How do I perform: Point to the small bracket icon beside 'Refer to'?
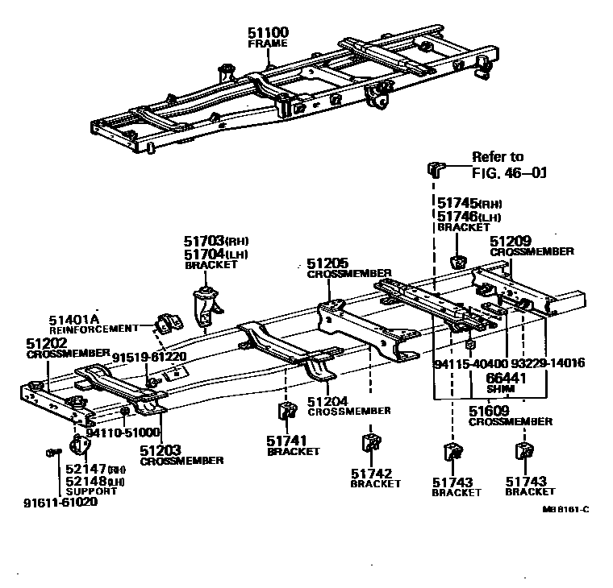tap(435, 168)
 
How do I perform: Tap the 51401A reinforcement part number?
tap(73, 319)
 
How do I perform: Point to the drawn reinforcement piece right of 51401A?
tap(167, 325)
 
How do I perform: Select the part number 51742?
tap(372, 473)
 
